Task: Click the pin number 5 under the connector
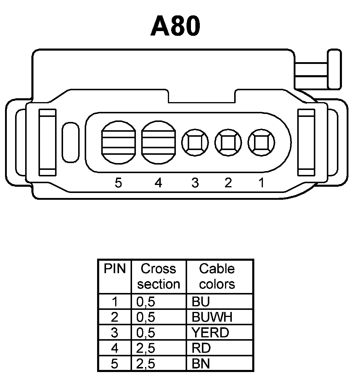click(x=118, y=183)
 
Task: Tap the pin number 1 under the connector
click(x=261, y=183)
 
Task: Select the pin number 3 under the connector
click(x=195, y=183)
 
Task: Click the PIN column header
click(x=115, y=269)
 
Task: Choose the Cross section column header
click(x=159, y=276)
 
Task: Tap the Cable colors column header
click(x=217, y=276)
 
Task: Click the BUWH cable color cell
click(x=212, y=317)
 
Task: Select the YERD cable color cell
click(x=210, y=333)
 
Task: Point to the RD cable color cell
click(x=201, y=348)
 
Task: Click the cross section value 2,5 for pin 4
click(x=146, y=348)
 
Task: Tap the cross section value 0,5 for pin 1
click(x=146, y=302)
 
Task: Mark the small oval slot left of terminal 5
click(x=70, y=142)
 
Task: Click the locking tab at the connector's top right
click(x=334, y=70)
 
